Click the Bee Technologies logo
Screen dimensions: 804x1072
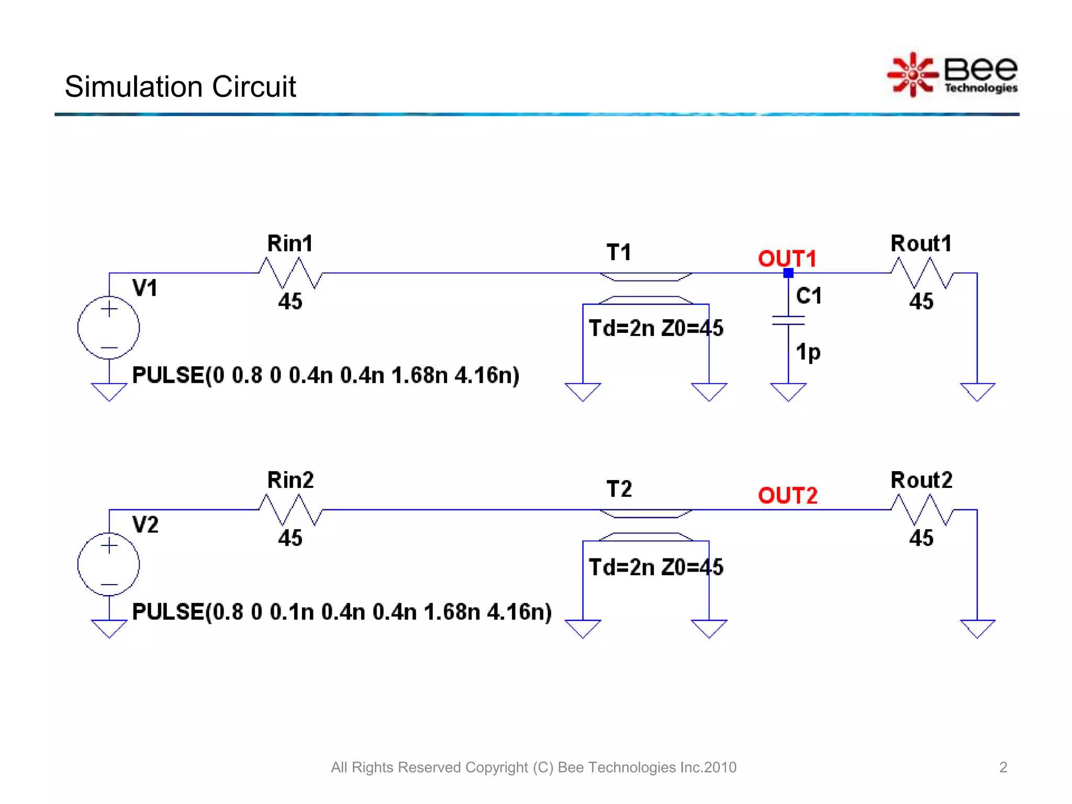pos(953,75)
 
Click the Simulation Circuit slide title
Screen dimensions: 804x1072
pos(180,86)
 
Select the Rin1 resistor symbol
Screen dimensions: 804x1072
pos(291,273)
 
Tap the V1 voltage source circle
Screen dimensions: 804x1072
pos(109,328)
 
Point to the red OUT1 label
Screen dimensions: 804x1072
pos(787,259)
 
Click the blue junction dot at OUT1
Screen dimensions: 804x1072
pos(788,273)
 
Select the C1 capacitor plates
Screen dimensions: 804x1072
pos(788,320)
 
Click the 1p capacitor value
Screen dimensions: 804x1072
pos(808,352)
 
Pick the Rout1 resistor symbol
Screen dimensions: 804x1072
pos(922,273)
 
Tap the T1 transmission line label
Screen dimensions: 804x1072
pos(619,253)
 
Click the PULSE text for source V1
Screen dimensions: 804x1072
pos(325,375)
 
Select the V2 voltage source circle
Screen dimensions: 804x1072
pos(109,564)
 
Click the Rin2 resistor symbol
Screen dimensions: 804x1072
pos(291,510)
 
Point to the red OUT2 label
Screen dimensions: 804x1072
pos(787,496)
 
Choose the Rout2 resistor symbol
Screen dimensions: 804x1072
pos(922,510)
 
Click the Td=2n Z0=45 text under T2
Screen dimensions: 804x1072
pos(656,567)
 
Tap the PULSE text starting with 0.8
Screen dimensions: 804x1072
pos(342,612)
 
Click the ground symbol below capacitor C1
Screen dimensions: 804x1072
pos(788,392)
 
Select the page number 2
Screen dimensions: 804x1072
pos(1003,767)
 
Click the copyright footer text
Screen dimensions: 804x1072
pos(533,767)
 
